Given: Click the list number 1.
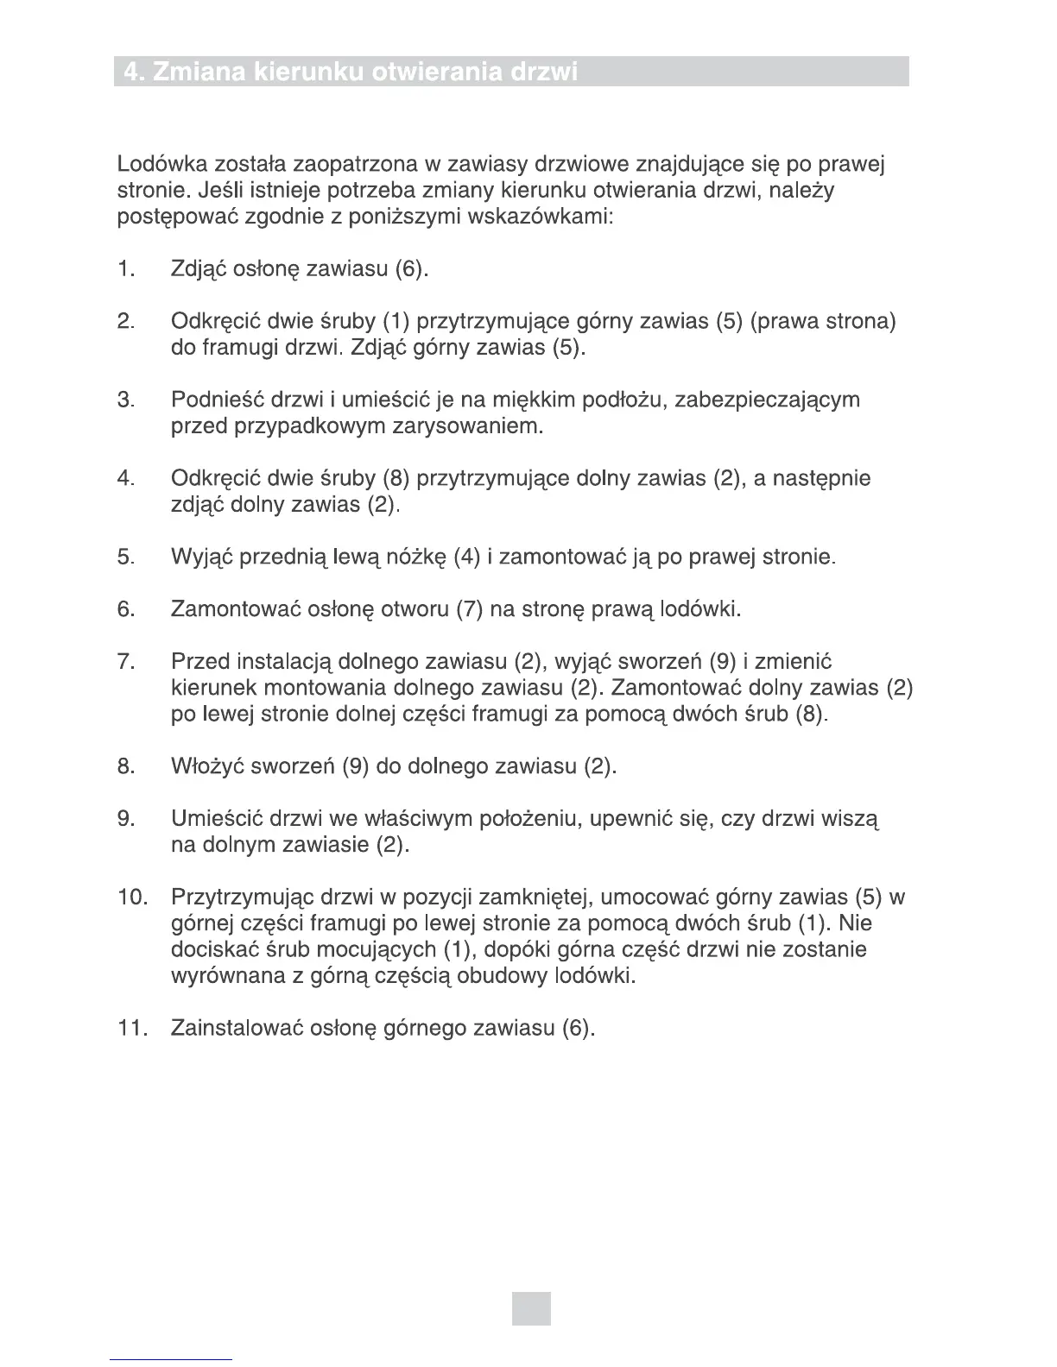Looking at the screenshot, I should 126,269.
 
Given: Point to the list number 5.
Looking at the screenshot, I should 126,558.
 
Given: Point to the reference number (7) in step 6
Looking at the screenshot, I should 469,610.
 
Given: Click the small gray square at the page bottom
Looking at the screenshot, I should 530,1307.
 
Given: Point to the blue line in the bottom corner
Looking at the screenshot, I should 172,1358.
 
